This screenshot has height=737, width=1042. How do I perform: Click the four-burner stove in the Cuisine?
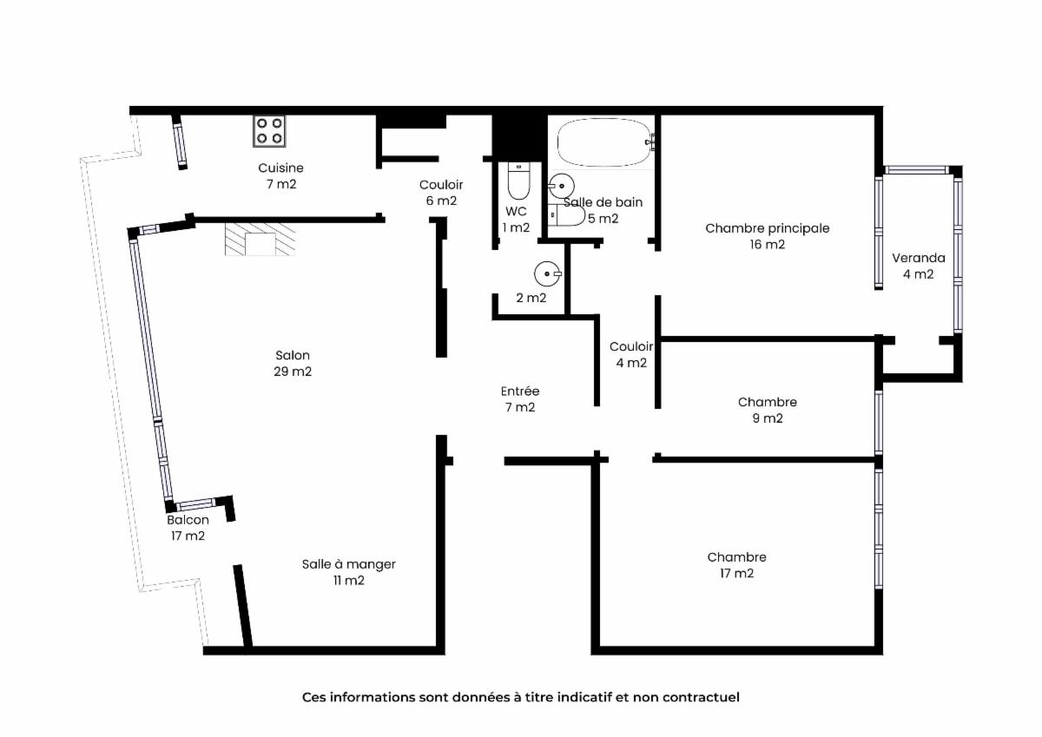click(269, 131)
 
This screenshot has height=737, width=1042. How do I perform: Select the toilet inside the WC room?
click(518, 181)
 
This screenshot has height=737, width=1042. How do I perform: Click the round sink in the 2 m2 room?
click(548, 273)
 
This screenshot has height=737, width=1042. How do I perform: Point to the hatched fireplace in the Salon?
click(260, 239)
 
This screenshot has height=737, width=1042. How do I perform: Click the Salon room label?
click(293, 355)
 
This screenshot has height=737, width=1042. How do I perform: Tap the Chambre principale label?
click(767, 228)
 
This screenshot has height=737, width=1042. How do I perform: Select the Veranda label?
click(919, 258)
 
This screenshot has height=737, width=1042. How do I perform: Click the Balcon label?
click(188, 520)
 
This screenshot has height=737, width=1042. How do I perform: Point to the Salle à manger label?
click(349, 564)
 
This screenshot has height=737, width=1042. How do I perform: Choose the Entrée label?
click(520, 391)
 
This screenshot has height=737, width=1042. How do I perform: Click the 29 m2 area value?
click(293, 372)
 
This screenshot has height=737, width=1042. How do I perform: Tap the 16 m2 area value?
click(767, 245)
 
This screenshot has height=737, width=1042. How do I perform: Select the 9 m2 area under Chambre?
click(768, 418)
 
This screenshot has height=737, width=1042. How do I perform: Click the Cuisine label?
click(281, 168)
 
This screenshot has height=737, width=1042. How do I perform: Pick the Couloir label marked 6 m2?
click(441, 185)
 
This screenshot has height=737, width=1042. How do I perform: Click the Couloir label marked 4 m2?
click(631, 346)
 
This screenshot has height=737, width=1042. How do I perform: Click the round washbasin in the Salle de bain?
click(561, 186)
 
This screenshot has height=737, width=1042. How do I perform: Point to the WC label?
click(516, 212)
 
